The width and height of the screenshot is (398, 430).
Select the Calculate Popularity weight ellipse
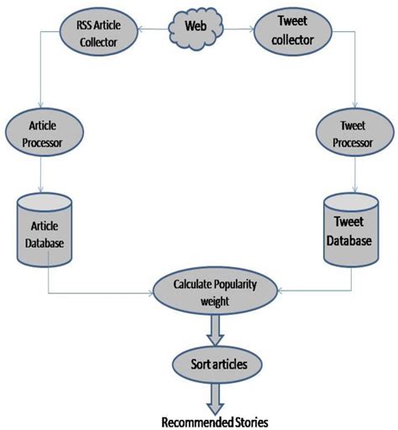coord(215,291)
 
